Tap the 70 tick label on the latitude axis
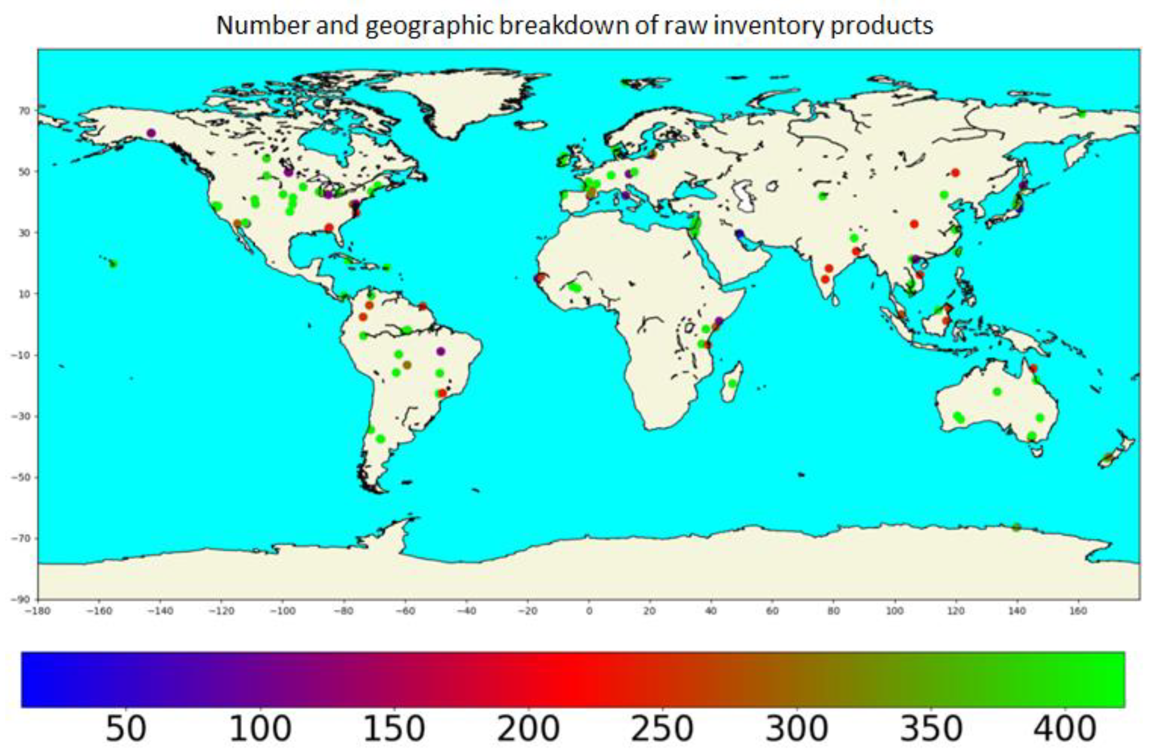[x=24, y=111]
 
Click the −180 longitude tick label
[x=38, y=611]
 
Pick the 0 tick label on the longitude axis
[x=589, y=611]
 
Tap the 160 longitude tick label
[x=1078, y=611]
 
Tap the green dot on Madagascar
[x=732, y=383]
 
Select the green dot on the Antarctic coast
[x=1016, y=527]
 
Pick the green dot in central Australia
[x=997, y=392]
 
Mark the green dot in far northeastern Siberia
[x=1082, y=114]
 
